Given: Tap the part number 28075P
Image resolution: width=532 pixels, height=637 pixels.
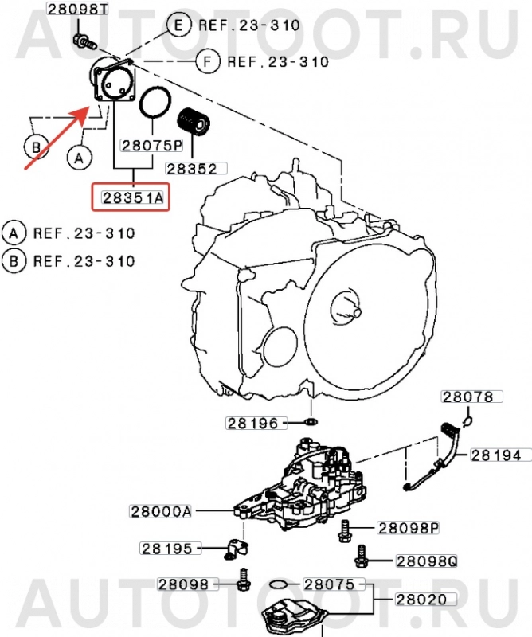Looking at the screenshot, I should [151, 146].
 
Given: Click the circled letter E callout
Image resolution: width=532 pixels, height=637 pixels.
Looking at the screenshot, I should [178, 25].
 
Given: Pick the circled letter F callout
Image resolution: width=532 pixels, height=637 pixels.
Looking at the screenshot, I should [209, 60].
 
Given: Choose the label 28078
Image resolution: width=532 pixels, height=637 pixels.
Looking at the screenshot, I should [468, 397].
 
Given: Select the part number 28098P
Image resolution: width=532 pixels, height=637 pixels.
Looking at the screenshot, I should [409, 528].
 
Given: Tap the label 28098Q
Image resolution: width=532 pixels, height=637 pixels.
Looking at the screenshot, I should [428, 561].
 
